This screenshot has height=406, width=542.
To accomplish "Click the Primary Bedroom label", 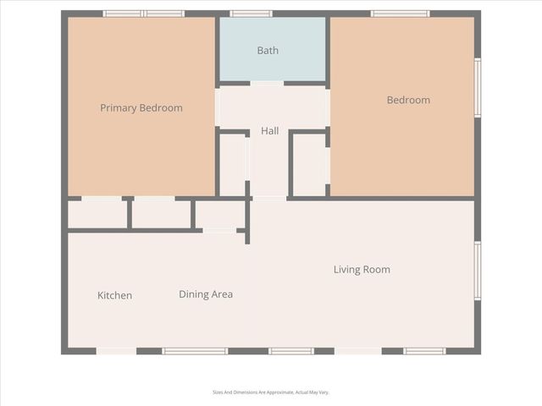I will click(x=141, y=108).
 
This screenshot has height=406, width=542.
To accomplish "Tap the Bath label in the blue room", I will click(x=268, y=51).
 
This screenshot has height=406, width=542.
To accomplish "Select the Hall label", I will click(x=269, y=131).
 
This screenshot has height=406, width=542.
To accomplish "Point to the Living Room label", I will click(x=362, y=270).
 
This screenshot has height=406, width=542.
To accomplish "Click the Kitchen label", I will click(x=114, y=295).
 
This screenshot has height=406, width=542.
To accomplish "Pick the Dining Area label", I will click(x=206, y=294).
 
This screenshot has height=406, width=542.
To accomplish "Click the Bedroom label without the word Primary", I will click(x=408, y=100).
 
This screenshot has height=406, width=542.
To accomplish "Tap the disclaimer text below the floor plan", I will click(x=270, y=392).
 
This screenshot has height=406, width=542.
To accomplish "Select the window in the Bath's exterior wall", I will click(x=252, y=14).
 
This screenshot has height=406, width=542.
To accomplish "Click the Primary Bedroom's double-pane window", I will click(x=144, y=14).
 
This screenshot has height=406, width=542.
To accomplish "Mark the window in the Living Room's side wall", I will click(x=478, y=271).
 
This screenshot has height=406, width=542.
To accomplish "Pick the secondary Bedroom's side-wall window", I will click(x=478, y=87).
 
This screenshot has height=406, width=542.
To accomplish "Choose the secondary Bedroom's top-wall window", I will click(x=400, y=14).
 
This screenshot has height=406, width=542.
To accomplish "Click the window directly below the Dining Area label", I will click(x=195, y=351).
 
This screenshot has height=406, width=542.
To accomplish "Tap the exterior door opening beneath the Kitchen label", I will click(x=116, y=351).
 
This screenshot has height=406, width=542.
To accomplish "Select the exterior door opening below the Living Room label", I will click(x=358, y=351).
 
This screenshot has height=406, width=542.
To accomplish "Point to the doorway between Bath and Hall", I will click(x=267, y=83).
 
